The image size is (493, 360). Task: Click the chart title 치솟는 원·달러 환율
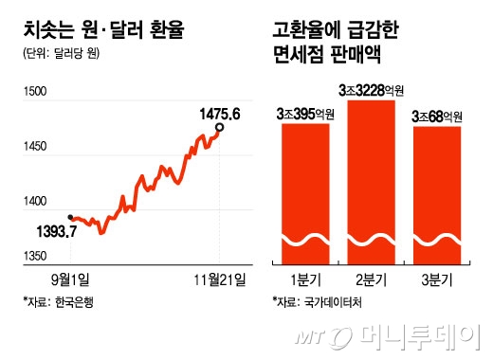[x=101, y=30]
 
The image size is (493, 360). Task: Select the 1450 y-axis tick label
[x=34, y=148]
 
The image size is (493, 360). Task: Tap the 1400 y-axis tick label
[x=34, y=203]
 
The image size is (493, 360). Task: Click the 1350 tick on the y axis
[x=34, y=258]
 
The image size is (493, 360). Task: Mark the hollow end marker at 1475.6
[x=221, y=127]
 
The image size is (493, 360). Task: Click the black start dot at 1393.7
[x=71, y=215]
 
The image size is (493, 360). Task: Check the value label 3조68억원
[x=436, y=117]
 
